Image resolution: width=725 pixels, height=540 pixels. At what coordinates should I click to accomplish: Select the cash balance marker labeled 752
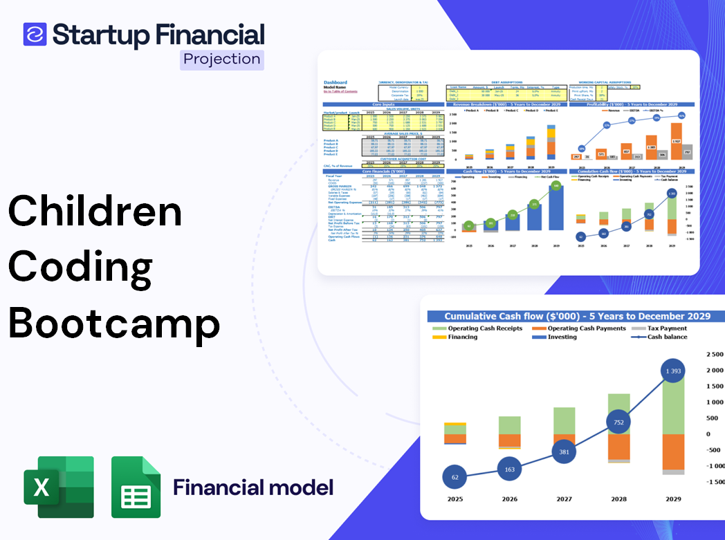[618, 422]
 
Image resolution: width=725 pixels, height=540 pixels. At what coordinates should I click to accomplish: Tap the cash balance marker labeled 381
[564, 451]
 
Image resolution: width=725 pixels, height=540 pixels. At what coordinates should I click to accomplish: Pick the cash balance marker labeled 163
[509, 469]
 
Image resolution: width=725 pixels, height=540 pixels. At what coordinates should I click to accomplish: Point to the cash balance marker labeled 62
[455, 476]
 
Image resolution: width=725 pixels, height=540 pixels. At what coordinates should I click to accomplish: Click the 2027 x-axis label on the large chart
[564, 499]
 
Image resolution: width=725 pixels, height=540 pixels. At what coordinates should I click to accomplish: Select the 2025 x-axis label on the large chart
[455, 499]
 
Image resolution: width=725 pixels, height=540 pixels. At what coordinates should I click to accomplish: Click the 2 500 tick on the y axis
[714, 355]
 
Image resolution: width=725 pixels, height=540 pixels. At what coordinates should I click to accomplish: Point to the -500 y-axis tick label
[714, 450]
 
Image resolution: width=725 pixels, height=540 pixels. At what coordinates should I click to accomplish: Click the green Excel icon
[59, 487]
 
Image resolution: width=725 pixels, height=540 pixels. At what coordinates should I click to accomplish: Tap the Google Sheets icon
[136, 487]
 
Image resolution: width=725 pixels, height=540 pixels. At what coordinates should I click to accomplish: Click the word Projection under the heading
[222, 59]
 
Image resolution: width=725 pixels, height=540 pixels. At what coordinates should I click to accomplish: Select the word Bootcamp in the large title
[114, 322]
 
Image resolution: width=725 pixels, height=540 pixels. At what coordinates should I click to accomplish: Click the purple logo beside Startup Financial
[35, 34]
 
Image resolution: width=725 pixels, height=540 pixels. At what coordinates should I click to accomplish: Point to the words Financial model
[253, 487]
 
